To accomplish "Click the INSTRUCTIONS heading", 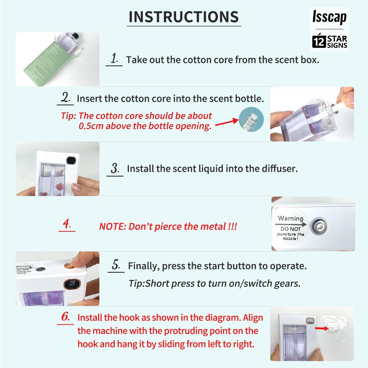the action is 184,17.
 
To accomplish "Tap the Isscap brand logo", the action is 329,17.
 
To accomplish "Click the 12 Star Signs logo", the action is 330,41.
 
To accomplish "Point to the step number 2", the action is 65,97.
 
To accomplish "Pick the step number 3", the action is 115,168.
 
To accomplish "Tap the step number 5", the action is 116,265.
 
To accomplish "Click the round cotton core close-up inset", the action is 251,119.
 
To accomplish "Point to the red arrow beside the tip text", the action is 227,122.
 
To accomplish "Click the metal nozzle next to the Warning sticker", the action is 319,226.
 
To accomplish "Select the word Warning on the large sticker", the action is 290,218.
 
